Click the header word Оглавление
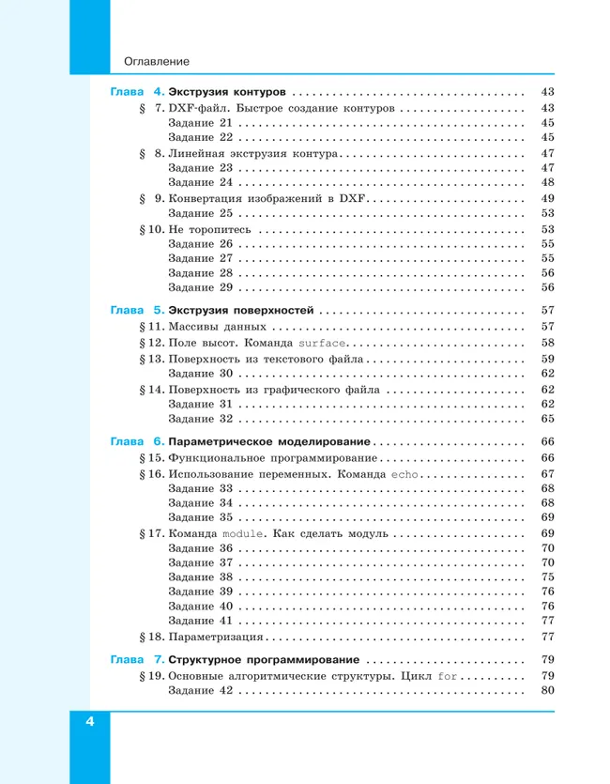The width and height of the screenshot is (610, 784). [157, 62]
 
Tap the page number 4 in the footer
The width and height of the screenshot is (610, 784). [90, 721]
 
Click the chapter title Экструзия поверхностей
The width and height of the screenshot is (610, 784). [241, 310]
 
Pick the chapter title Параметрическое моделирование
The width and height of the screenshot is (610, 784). [269, 441]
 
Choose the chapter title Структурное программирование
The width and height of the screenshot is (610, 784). [265, 659]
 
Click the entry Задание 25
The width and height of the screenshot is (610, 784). [199, 213]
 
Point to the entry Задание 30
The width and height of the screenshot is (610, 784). [199, 374]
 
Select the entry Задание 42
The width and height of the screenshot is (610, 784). [199, 691]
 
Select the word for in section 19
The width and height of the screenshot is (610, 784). [448, 675]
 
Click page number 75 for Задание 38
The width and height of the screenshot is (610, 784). [548, 577]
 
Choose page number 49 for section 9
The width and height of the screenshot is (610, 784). [548, 198]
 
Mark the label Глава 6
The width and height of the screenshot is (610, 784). [137, 441]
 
